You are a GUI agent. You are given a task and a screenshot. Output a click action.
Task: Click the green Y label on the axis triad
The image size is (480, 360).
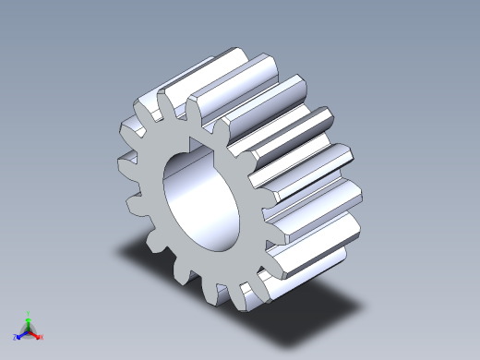pos(29,313)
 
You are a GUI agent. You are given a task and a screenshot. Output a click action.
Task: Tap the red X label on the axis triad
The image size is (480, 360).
pos(42,337)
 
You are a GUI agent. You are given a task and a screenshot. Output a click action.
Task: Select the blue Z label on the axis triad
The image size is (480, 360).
pos(15,337)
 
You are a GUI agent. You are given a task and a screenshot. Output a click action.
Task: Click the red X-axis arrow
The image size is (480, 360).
pos(36,333)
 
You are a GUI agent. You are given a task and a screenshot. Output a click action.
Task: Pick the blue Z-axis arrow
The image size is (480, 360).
pos(21,333)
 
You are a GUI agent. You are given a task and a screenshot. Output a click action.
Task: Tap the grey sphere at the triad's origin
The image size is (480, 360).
pos(29,330)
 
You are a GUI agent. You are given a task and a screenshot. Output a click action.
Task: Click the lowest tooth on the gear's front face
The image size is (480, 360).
pos(220,294)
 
